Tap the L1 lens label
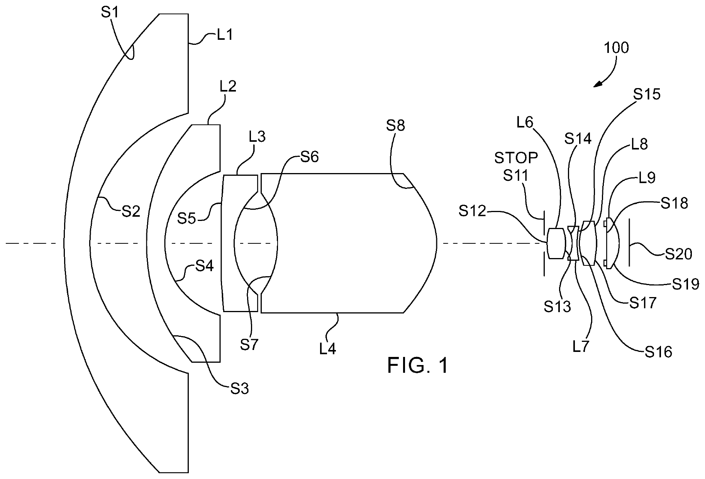tap(224, 35)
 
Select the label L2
tap(228, 87)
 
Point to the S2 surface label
tap(131, 211)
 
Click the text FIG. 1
tap(418, 365)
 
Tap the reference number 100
tap(616, 48)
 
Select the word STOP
tap(516, 158)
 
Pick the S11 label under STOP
tap(516, 175)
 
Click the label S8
tap(396, 126)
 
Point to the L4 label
tap(327, 349)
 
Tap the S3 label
tap(239, 389)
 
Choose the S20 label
tap(679, 254)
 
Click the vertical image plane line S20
tap(629, 242)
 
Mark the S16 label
tap(659, 352)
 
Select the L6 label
tap(525, 123)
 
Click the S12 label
tap(472, 211)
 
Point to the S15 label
tap(647, 94)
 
